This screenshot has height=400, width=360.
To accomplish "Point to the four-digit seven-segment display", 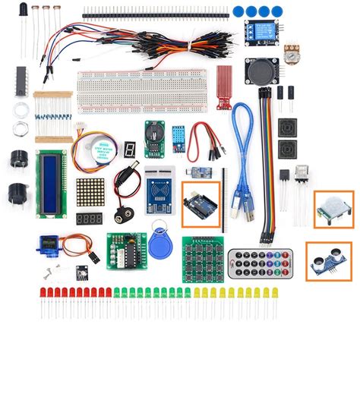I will tap(89, 219).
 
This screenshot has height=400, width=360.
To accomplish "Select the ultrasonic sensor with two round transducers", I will tap(328, 260).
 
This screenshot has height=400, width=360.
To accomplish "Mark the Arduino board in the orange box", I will tap(201, 203).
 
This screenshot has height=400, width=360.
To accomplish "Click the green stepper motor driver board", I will tap(124, 249).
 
